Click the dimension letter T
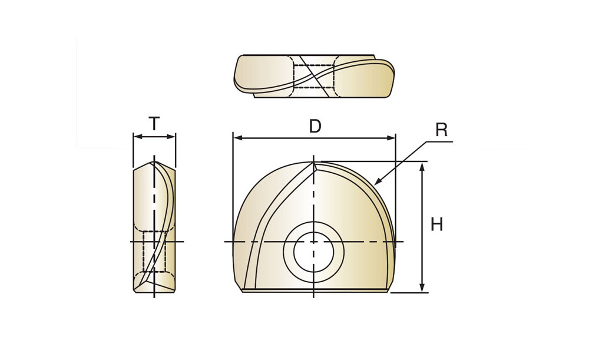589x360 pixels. (154, 123)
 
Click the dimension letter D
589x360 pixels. (315, 126)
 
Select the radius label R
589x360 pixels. (442, 130)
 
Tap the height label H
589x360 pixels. (437, 224)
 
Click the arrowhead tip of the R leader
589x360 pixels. (375, 185)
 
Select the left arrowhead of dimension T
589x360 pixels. (134, 137)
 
